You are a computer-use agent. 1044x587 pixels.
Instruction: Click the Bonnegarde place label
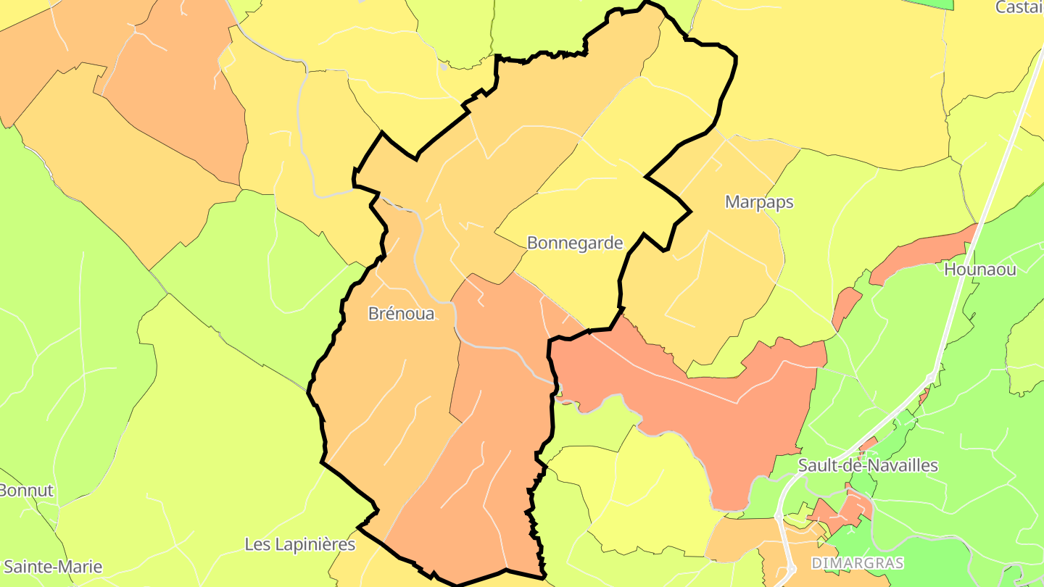(x=575, y=243)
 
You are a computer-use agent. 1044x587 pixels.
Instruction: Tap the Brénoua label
(x=401, y=314)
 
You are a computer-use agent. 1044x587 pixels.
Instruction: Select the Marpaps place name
(x=759, y=202)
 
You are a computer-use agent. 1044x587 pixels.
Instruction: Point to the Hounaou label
(x=980, y=270)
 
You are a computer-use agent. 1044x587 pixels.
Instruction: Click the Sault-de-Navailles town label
(x=868, y=465)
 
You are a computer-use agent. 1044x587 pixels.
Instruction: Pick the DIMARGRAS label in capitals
(x=858, y=563)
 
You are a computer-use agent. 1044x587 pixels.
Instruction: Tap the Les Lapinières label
(x=300, y=544)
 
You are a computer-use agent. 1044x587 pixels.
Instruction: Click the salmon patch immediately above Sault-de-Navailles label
(x=869, y=444)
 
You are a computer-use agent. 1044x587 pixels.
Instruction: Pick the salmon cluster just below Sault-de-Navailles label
(x=845, y=511)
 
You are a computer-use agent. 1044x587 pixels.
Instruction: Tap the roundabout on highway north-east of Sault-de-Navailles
(x=931, y=377)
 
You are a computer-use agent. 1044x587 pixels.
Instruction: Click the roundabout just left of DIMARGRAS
(x=778, y=516)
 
